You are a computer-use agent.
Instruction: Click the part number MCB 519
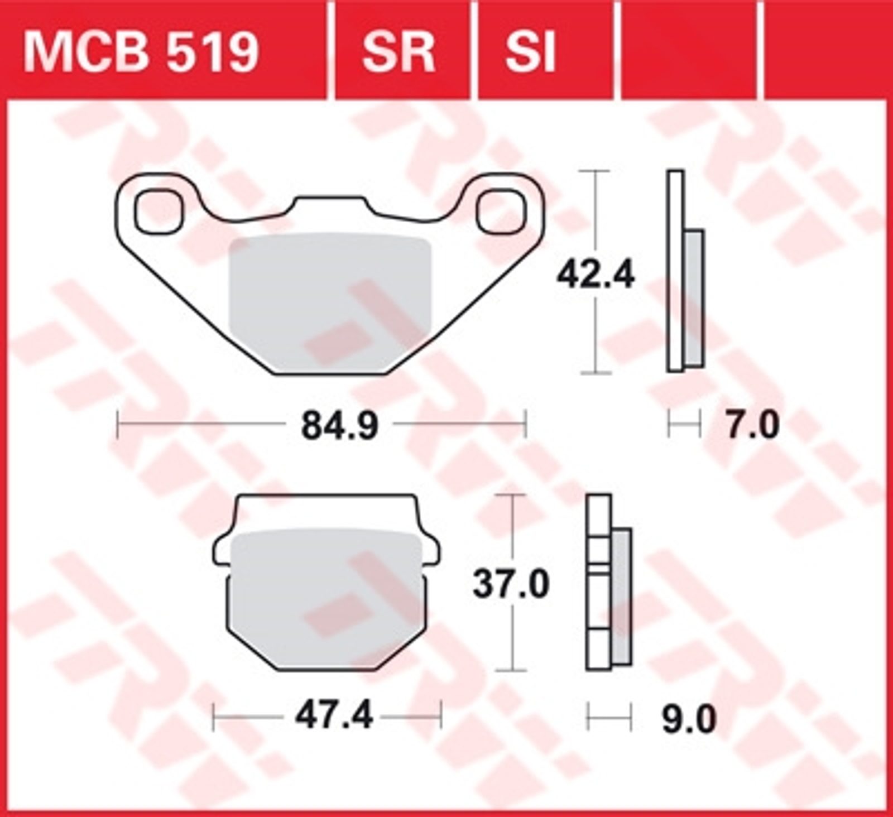(141, 52)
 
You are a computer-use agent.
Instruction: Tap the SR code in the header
(398, 52)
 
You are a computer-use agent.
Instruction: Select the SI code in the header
(531, 52)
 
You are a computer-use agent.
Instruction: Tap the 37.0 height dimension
(511, 584)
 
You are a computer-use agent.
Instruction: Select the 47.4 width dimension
(334, 716)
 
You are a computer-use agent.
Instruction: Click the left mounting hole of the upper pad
(159, 211)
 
